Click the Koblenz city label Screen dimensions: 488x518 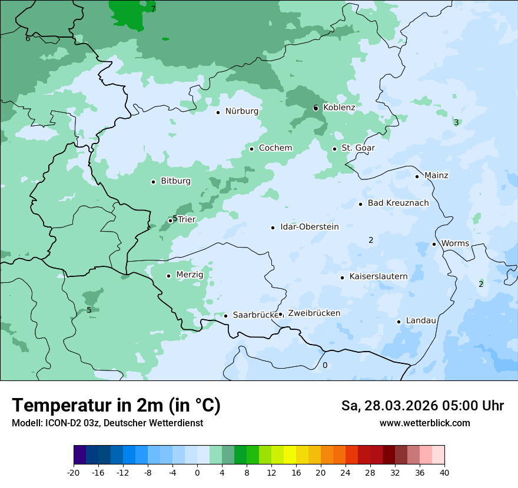click(339, 108)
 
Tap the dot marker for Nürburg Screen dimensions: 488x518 click(218, 112)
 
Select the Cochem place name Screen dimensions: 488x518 click(275, 148)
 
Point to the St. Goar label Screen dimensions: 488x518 click(358, 148)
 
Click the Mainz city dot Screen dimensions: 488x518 click(417, 176)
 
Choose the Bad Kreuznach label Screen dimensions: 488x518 click(398, 203)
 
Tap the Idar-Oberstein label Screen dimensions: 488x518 click(309, 227)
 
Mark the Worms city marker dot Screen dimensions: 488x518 click(434, 244)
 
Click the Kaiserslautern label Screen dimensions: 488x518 click(378, 276)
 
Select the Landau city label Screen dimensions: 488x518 click(421, 321)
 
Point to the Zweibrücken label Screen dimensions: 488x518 click(314, 313)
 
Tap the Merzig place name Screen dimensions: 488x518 click(190, 275)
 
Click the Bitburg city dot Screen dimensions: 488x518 click(153, 182)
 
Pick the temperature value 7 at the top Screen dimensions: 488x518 click(153, 9)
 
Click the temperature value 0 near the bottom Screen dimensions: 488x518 click(324, 366)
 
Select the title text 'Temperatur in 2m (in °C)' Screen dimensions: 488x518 click(116, 406)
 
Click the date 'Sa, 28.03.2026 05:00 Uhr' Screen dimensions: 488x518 click(422, 406)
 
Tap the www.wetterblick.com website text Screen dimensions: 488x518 click(424, 423)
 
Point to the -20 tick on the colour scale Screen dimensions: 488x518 click(74, 472)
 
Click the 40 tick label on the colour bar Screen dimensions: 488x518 click(444, 472)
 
